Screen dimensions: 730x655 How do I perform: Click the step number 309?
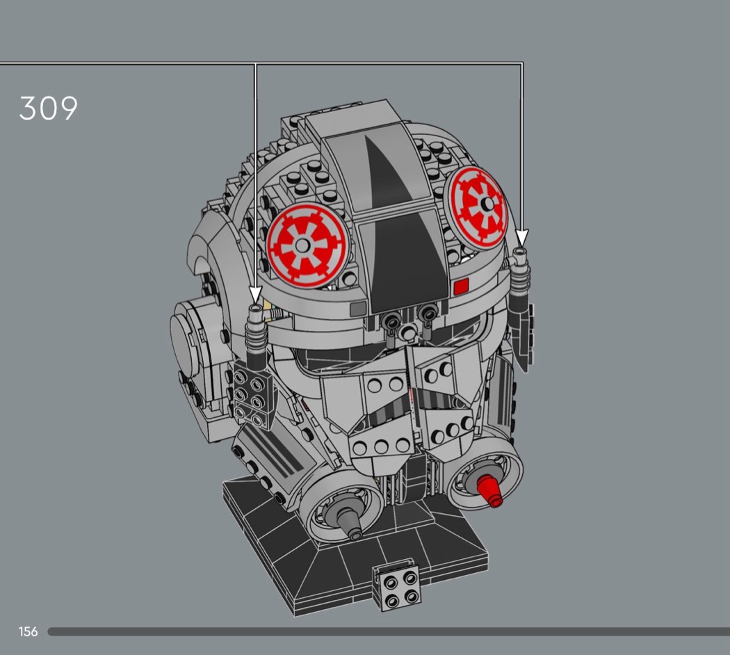tap(49, 108)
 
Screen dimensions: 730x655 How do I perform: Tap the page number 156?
tap(28, 631)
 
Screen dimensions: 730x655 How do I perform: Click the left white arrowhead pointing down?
tap(254, 295)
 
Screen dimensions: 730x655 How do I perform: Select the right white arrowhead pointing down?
tap(522, 237)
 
